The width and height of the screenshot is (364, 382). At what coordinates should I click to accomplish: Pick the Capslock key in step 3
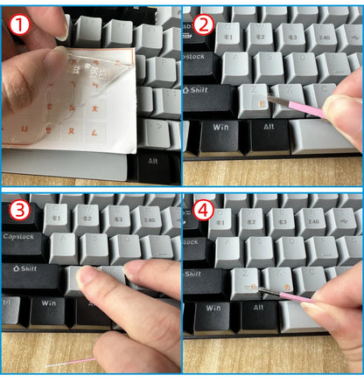click(x=24, y=237)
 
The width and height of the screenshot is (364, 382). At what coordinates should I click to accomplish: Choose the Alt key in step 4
click(x=261, y=310)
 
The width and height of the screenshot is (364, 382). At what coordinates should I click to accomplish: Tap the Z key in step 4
click(x=248, y=279)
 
